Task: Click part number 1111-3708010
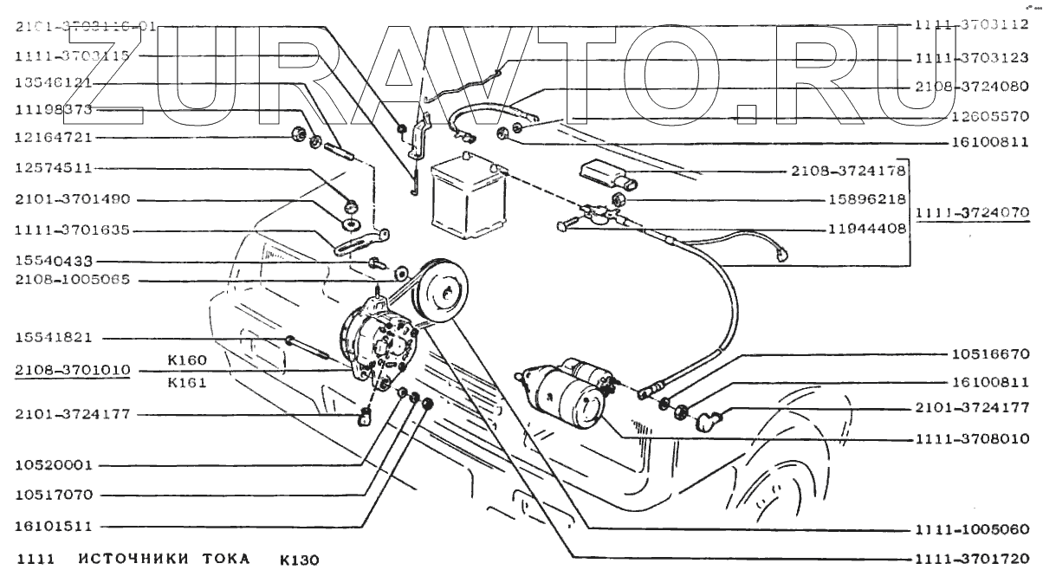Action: pyautogui.click(x=970, y=440)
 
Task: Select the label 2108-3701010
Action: pyautogui.click(x=72, y=370)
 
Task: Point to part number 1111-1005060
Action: pyautogui.click(x=970, y=529)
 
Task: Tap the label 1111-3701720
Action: pyautogui.click(x=970, y=560)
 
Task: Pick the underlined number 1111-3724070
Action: pyautogui.click(x=975, y=211)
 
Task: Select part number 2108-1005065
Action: pyautogui.click(x=72, y=280)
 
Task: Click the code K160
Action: pyautogui.click(x=188, y=359)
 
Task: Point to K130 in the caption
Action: pyautogui.click(x=299, y=560)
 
